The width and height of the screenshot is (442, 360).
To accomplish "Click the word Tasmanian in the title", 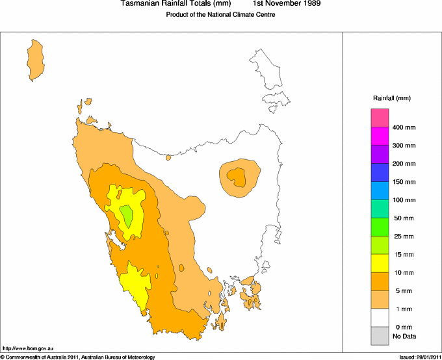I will point(140,4).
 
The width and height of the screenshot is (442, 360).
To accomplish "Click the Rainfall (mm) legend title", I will point(391,98).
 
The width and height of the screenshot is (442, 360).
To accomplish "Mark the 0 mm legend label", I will point(403,327).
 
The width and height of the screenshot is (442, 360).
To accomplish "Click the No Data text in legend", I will point(404,336).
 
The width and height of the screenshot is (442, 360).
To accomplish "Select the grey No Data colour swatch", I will point(380,335).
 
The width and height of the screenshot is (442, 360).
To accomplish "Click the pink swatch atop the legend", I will point(380,118).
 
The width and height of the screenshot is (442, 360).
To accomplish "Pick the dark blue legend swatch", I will point(380,172).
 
